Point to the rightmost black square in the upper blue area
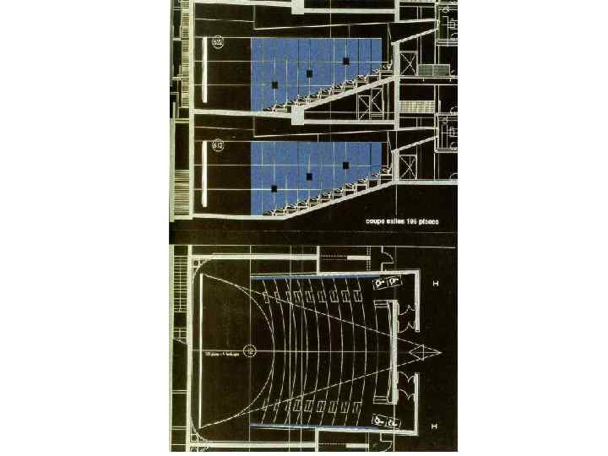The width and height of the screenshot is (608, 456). [345, 60]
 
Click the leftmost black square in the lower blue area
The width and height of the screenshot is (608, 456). [275, 187]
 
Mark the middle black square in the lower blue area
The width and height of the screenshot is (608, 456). [310, 176]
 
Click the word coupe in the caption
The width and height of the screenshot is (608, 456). [374, 222]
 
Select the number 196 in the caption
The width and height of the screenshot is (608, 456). [412, 222]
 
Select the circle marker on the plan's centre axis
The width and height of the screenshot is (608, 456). [250, 350]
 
